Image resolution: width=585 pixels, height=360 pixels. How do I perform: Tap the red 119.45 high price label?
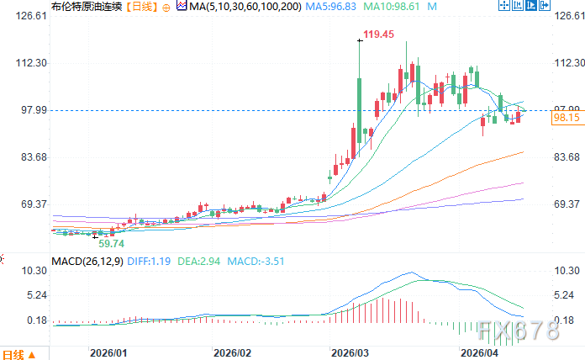pos(377,34)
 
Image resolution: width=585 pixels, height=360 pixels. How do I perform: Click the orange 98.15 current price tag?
pos(567,119)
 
